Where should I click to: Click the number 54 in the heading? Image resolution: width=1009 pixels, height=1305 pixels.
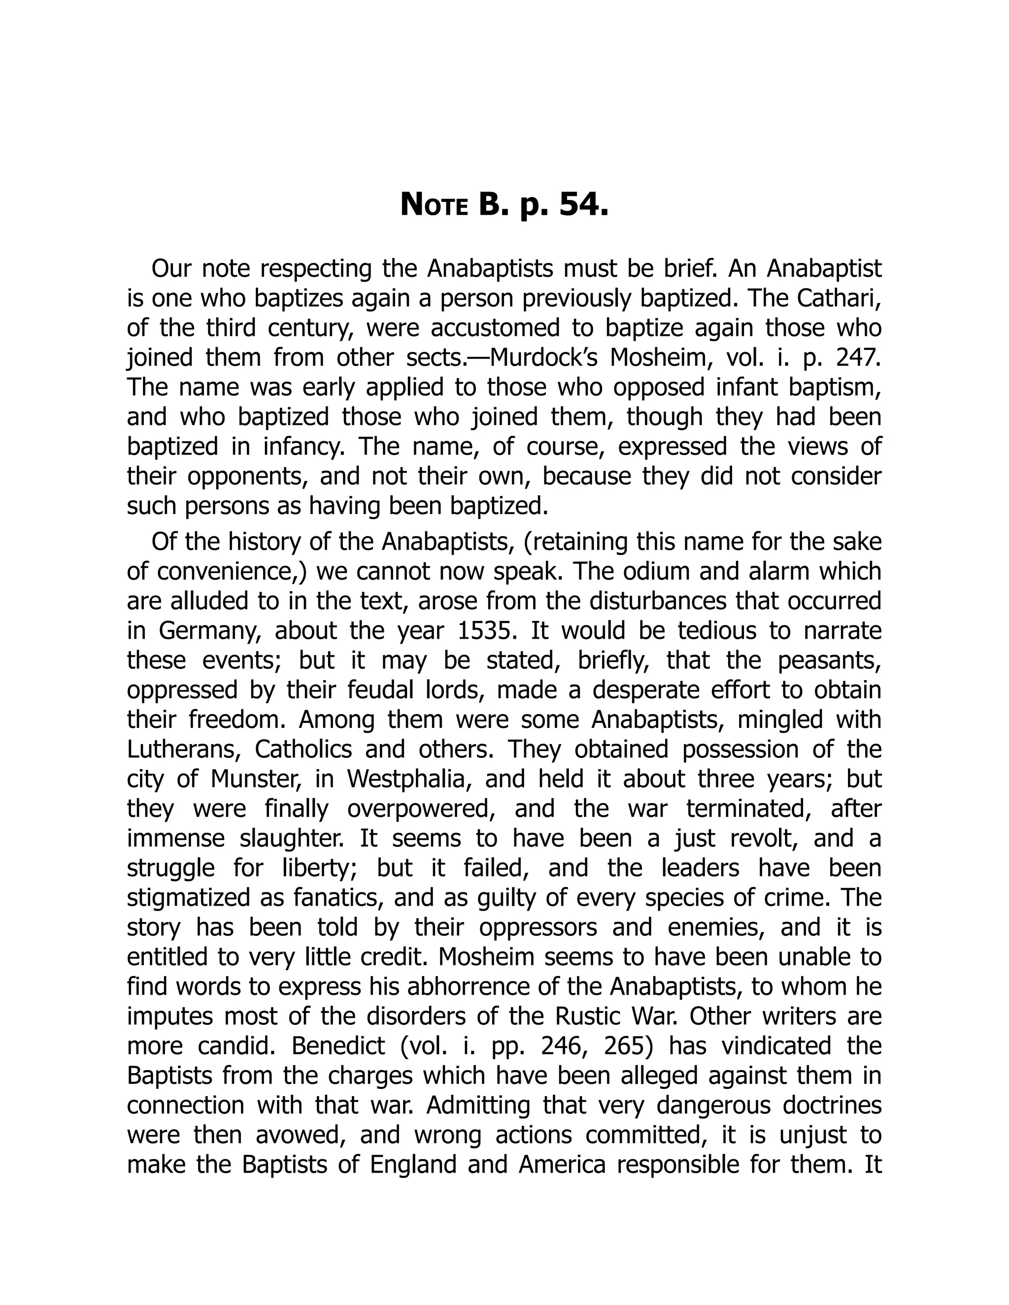[583, 205]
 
